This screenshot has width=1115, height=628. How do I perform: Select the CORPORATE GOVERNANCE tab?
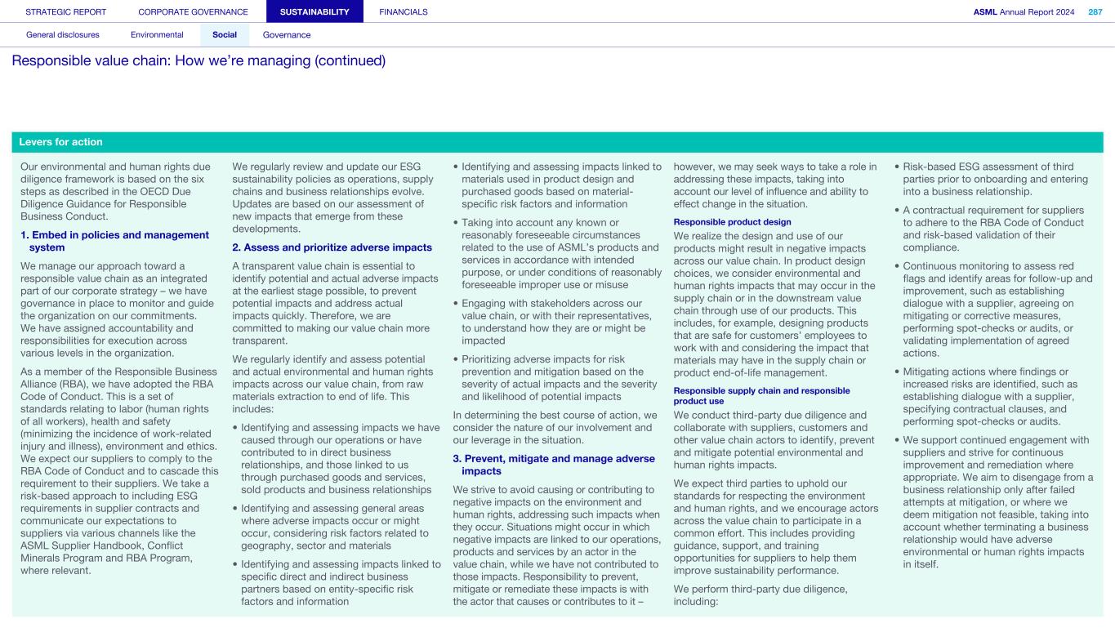pos(193,11)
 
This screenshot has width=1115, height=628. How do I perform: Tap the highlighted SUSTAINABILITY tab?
pos(314,11)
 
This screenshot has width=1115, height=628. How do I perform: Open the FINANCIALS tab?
pos(404,11)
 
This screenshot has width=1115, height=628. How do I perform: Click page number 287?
pos(1095,11)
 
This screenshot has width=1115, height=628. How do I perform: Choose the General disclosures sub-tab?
pos(63,35)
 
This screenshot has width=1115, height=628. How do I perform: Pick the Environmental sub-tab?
pos(157,35)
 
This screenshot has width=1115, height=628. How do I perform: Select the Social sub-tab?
pos(225,35)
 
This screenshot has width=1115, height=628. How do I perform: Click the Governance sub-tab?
pos(287,35)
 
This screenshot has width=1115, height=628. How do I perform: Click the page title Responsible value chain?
pos(198,61)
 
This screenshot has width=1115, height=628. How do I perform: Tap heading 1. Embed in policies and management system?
pos(114,241)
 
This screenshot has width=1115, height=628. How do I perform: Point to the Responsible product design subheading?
pos(732,222)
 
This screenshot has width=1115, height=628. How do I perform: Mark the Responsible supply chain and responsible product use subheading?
pos(760,395)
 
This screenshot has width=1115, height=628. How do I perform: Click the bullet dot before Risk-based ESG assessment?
pos(896,167)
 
